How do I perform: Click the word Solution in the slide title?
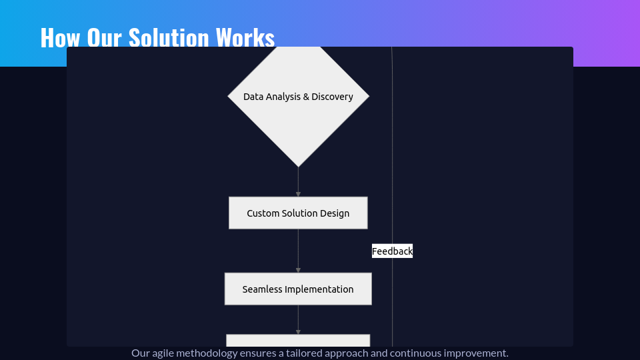169,37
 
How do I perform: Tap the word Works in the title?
245,37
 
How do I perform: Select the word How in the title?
60,37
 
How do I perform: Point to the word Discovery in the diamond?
332,97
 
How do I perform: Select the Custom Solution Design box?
298,213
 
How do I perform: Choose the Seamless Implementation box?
298,289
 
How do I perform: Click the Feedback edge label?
392,251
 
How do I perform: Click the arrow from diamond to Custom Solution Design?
299,182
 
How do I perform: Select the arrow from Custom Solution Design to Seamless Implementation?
299,251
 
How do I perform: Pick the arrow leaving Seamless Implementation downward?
299,319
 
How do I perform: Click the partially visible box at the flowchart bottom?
299,341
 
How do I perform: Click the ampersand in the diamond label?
306,97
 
